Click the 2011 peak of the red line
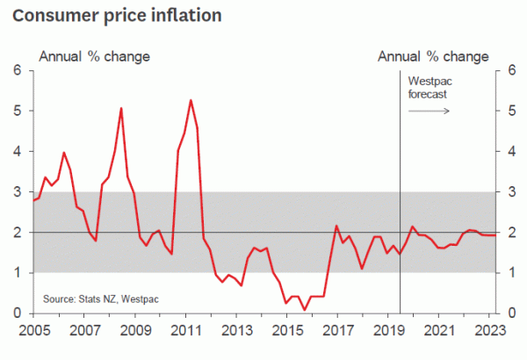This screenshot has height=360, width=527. tap(191, 100)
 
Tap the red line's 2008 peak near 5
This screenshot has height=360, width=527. tap(121, 108)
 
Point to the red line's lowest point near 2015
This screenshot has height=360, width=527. tap(305, 309)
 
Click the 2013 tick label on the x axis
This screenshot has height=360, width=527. tap(237, 331)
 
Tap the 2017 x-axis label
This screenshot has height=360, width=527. tap(338, 331)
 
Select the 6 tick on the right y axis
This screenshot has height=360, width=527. tap(501, 70)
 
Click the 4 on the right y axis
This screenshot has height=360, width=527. tap(501, 151)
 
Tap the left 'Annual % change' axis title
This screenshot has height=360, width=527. tap(93, 56)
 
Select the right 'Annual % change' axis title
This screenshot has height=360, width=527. tap(433, 56)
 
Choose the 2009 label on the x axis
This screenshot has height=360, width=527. tap(134, 331)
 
